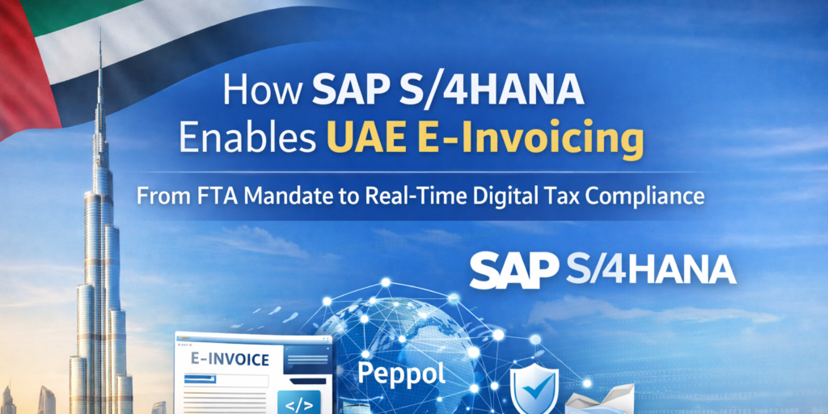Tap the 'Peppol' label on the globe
coord(402,375)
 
